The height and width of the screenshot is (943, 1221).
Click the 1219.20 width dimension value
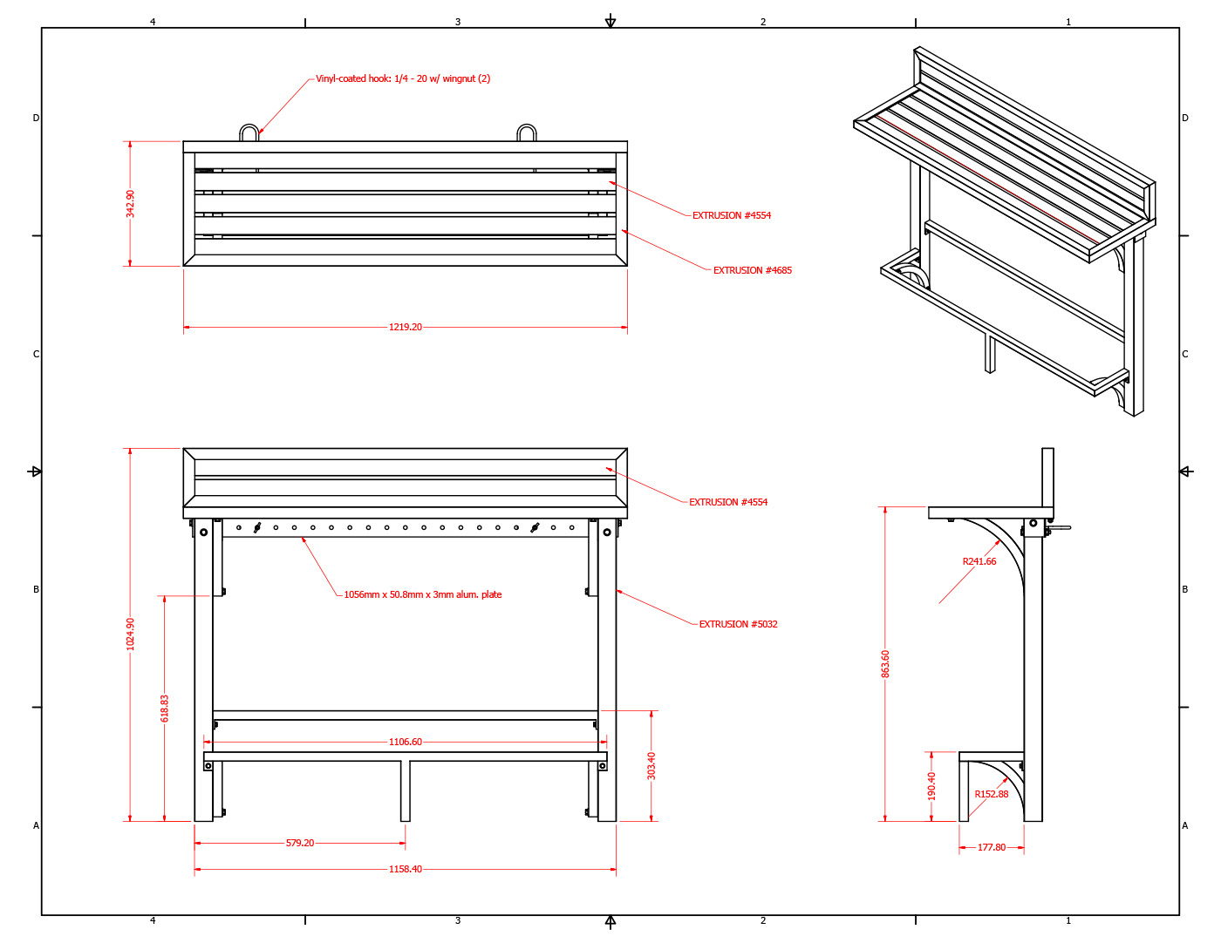[406, 327]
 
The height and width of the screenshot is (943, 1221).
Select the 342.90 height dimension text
[130, 204]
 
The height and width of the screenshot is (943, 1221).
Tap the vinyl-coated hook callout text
[403, 78]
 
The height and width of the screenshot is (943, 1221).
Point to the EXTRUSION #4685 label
[753, 270]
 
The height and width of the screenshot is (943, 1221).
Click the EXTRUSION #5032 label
[739, 624]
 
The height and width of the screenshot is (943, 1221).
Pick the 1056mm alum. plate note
[422, 594]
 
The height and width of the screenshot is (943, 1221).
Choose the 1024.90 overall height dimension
[130, 634]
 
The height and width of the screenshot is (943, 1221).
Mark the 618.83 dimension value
[165, 709]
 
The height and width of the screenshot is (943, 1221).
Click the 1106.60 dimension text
[406, 742]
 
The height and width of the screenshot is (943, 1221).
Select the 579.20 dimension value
[300, 843]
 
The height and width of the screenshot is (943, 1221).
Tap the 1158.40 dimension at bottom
[406, 869]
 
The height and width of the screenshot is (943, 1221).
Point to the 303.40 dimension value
[651, 765]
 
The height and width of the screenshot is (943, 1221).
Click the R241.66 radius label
[979, 561]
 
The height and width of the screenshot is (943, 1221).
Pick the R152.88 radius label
[991, 794]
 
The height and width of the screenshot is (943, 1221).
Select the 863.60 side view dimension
[885, 664]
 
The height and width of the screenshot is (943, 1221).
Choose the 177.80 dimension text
[991, 847]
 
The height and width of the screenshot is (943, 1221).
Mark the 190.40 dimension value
[931, 786]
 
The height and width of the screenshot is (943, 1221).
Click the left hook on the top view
[249, 126]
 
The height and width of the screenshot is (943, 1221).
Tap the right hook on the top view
[527, 126]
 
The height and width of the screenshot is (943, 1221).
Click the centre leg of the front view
[406, 790]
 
